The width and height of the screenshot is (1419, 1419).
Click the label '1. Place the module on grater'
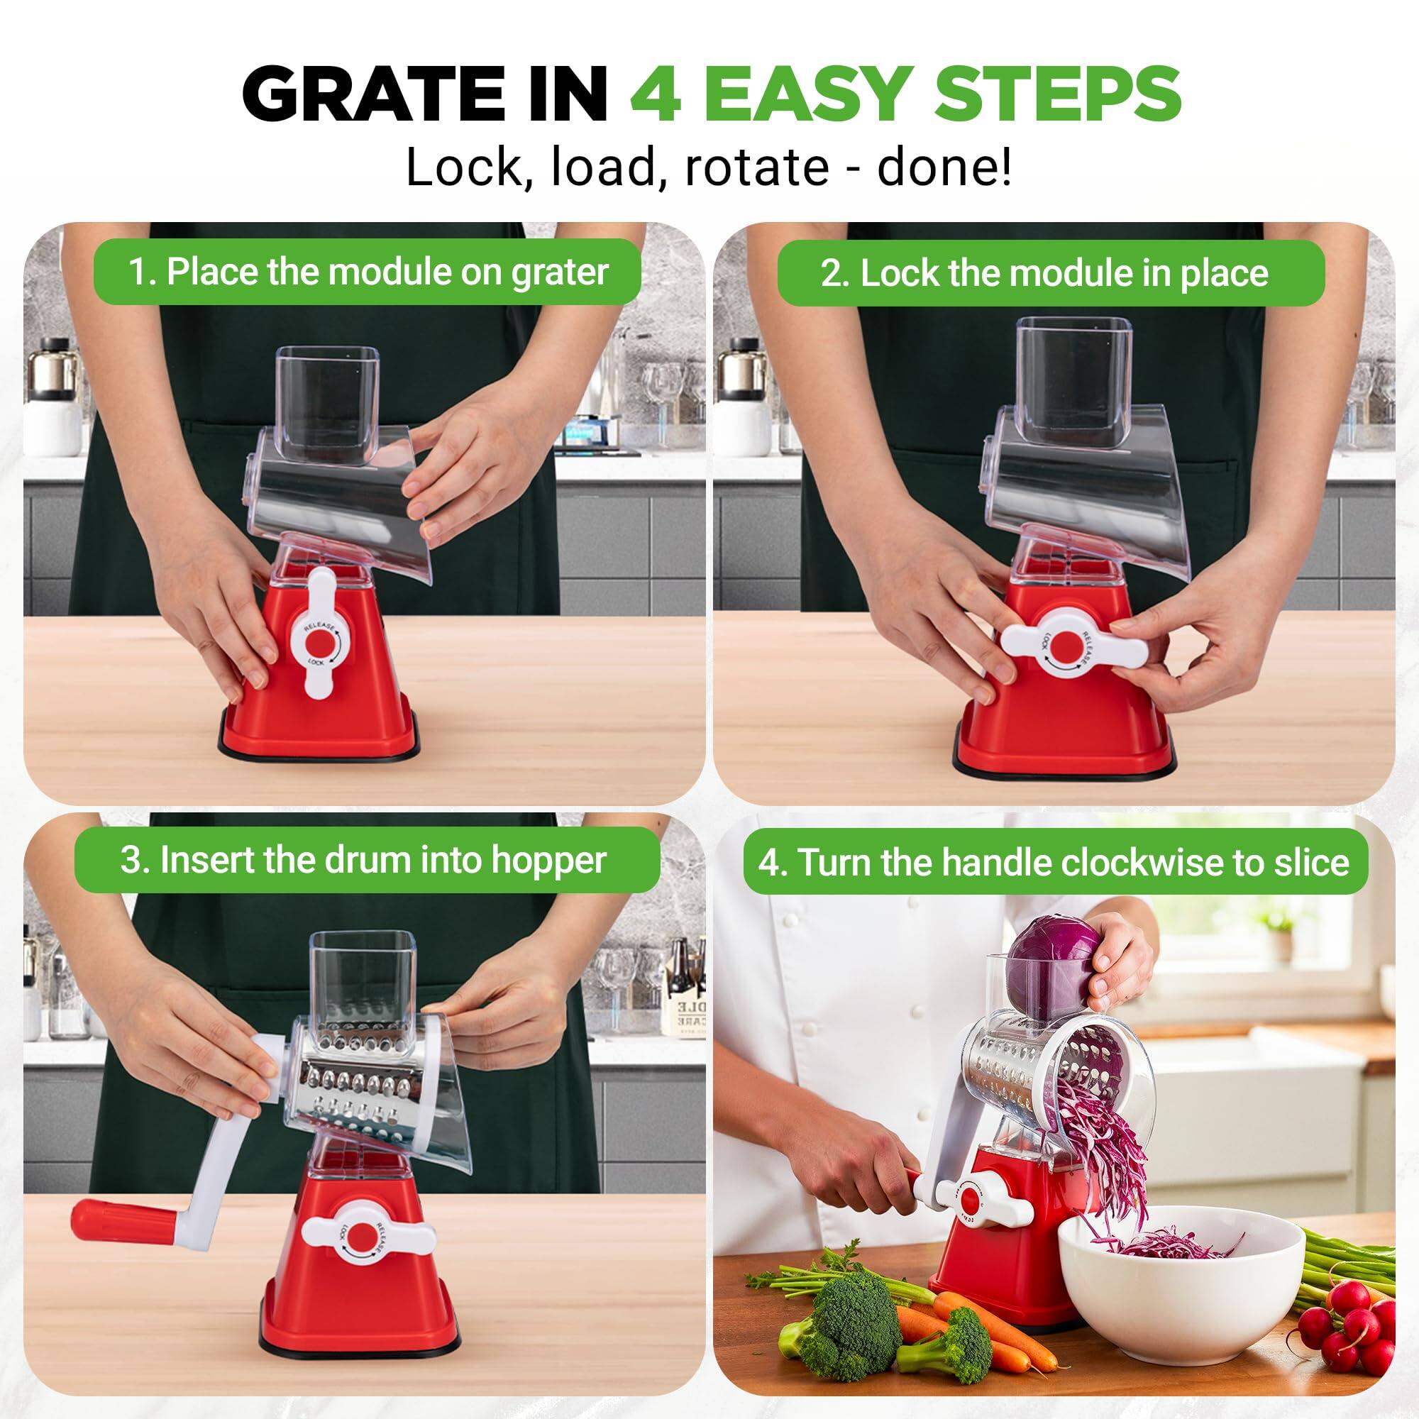(368, 272)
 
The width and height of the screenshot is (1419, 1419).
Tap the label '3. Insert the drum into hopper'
(363, 860)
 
